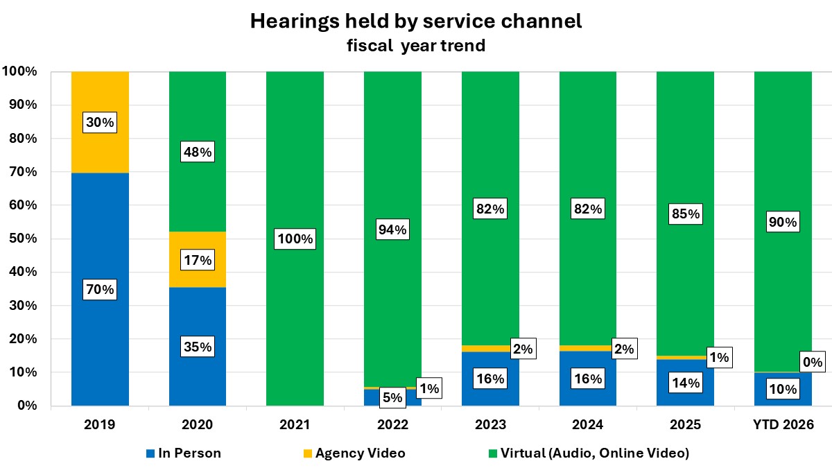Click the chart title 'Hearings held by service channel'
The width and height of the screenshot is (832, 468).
pos(415,21)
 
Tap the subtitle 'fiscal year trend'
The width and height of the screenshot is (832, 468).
pos(415,46)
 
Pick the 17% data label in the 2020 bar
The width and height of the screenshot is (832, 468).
pos(198,261)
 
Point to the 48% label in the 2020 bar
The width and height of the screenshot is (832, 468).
pos(198,151)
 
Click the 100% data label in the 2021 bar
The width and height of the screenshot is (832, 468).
pos(295,240)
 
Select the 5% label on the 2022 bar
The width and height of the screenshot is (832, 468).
pos(392,398)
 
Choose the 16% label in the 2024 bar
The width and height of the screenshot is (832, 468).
pos(587,379)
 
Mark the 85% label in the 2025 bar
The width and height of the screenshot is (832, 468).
pos(685,214)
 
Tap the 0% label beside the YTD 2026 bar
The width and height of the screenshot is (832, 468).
pos(813,362)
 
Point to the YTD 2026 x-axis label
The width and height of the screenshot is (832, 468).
pos(782,424)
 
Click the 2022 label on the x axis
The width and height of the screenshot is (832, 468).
pos(392,424)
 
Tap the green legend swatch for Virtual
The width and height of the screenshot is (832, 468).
pos(493,454)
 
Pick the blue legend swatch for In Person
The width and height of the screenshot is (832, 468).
pos(150,454)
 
